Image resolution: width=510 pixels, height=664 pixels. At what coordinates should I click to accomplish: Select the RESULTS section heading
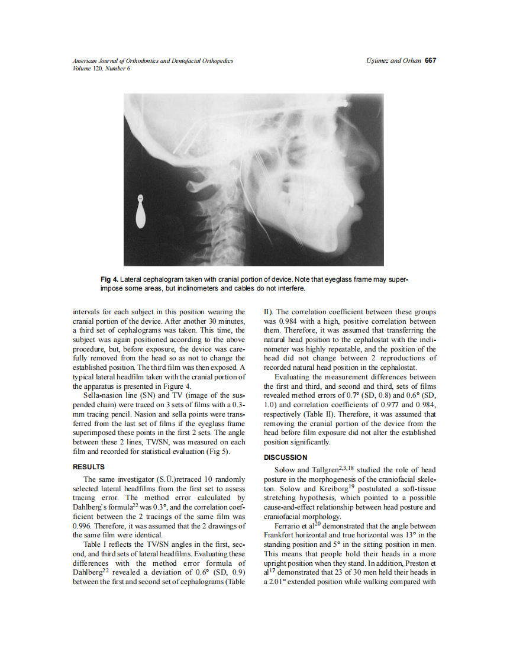(x=88, y=467)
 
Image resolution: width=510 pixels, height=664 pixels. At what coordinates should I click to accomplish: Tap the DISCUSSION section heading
(x=285, y=457)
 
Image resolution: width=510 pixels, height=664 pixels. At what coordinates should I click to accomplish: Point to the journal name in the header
(x=153, y=60)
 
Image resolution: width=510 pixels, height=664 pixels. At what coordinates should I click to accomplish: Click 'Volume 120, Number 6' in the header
(x=101, y=68)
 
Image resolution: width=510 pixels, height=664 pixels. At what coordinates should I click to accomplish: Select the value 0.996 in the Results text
(x=82, y=526)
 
